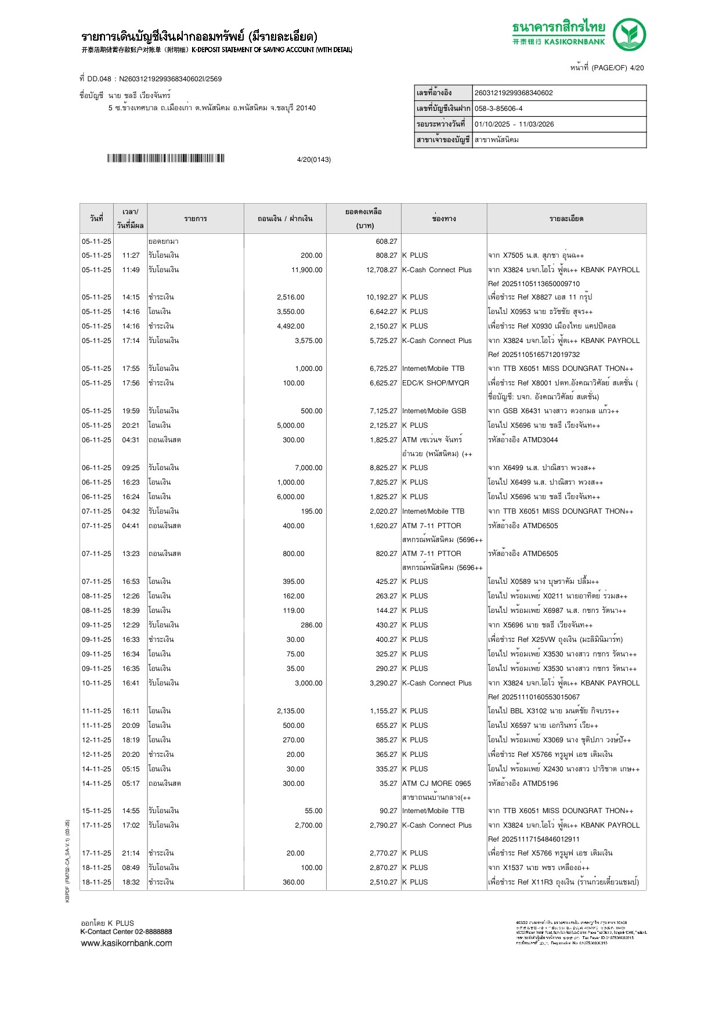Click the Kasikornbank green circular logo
click(x=630, y=34)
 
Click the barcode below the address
click(x=165, y=158)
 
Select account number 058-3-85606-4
click(x=498, y=109)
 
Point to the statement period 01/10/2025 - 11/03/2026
click(x=514, y=124)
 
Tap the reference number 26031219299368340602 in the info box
click(x=514, y=93)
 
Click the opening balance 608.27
click(x=386, y=241)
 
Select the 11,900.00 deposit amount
click(x=306, y=270)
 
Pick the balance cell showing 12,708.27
click(x=381, y=270)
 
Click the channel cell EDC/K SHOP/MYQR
click(x=435, y=383)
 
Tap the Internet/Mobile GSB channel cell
click(x=434, y=411)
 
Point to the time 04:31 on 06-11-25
click(x=131, y=440)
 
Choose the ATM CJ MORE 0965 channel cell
click(x=436, y=784)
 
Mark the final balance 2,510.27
click(x=383, y=882)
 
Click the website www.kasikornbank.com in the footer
click(x=127, y=943)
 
